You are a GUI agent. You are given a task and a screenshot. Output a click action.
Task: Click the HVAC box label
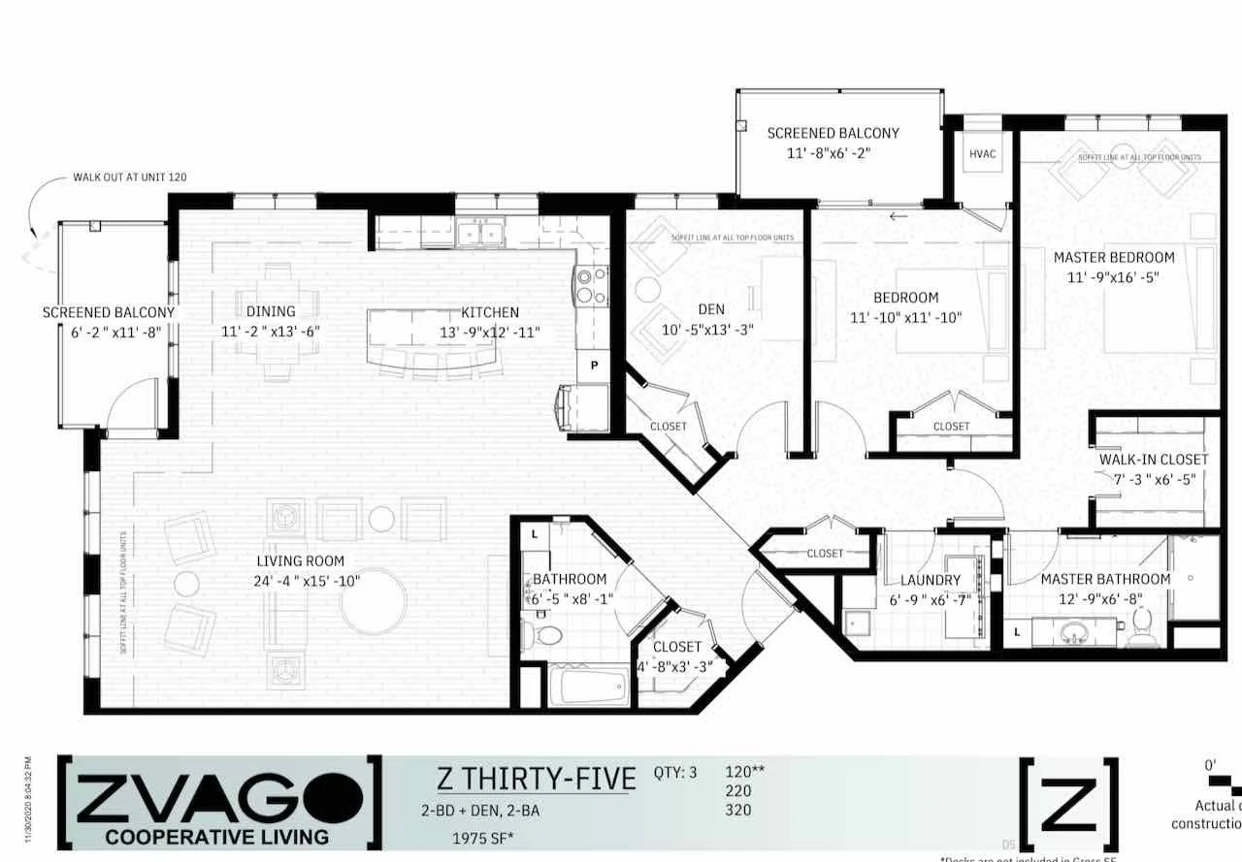(982, 154)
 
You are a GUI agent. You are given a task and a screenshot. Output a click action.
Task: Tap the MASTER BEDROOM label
(1114, 258)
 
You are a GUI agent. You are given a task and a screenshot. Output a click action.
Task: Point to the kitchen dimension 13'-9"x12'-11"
(490, 332)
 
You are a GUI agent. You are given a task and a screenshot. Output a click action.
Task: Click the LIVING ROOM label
(301, 561)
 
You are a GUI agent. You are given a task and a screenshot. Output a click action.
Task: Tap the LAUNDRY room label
(930, 580)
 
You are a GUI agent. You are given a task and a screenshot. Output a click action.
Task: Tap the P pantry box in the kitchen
(593, 367)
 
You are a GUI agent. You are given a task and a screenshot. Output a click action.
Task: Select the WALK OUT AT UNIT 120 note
(129, 177)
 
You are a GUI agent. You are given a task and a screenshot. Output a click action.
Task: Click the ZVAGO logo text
(219, 798)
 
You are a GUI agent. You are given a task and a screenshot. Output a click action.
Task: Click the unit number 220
(738, 791)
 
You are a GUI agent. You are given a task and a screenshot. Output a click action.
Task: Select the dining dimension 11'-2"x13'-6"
(271, 331)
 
